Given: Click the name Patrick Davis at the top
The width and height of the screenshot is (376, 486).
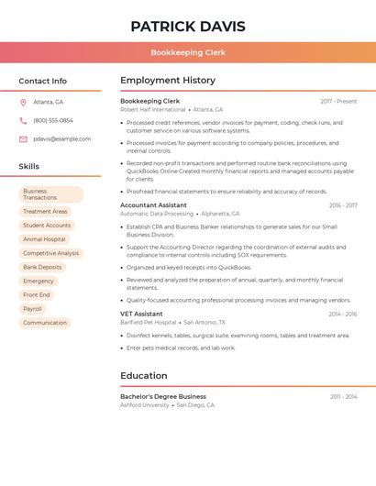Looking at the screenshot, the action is (188, 26).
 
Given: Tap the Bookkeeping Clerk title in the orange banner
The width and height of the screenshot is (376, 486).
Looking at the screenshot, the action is (188, 52).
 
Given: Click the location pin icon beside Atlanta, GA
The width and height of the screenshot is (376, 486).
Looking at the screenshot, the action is (23, 102).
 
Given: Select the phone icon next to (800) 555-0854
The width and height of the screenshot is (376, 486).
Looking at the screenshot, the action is (23, 120).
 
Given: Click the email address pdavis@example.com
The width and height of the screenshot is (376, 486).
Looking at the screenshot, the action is (61, 138).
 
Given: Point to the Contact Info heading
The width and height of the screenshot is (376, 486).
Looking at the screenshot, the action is (43, 81).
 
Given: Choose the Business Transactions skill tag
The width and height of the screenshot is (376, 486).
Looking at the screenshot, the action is (50, 194).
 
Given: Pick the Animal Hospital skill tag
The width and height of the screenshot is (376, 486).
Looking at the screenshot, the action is (44, 239).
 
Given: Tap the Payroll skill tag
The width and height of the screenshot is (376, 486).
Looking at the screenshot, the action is (33, 309).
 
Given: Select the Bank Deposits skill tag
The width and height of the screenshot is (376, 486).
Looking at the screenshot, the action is (42, 267).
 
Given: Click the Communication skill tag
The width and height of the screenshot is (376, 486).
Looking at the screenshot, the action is (45, 323).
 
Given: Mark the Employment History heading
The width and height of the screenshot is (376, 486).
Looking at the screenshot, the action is (168, 81).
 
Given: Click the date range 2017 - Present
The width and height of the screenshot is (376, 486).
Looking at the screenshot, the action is (338, 101).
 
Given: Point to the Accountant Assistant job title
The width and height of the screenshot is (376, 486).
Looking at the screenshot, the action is (153, 205).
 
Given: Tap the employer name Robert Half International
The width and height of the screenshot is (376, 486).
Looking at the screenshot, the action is (152, 109).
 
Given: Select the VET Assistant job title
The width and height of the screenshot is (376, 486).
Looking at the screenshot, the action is (141, 314).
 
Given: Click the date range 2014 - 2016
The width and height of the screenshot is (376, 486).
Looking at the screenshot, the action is (343, 314).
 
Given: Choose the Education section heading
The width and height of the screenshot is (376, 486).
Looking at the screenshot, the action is (144, 376).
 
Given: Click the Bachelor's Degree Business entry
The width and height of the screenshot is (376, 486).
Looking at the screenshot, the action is (163, 396).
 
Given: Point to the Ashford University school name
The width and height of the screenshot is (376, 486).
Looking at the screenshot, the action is (145, 404).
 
